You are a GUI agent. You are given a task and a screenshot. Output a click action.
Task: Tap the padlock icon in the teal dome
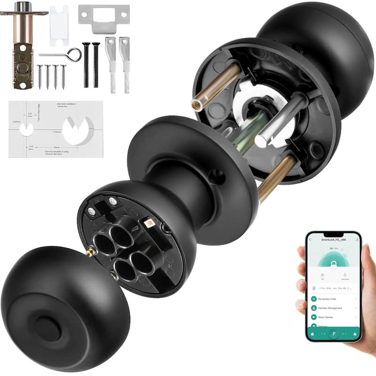pyautogui.click(x=334, y=258)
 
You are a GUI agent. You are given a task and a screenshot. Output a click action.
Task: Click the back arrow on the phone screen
pyautogui.click(x=310, y=240)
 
